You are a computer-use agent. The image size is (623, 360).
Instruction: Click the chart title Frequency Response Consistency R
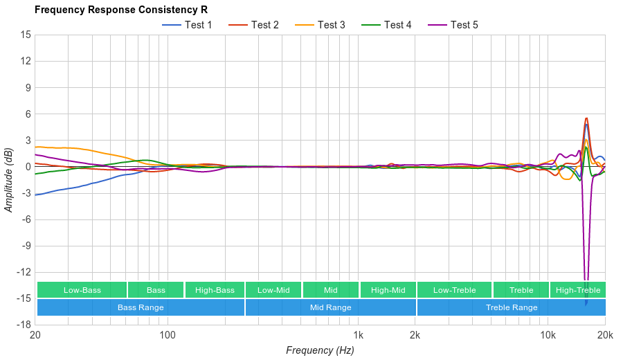pos(120,10)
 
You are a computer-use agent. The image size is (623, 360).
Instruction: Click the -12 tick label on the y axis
pos(23,272)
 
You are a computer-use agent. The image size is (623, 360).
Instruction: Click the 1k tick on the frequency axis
pos(358,335)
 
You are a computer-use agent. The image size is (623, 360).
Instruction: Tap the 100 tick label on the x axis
pos(168,335)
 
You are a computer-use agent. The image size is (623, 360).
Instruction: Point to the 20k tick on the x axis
pos(604,335)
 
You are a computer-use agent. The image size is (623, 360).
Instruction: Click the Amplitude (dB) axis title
pos(8,180)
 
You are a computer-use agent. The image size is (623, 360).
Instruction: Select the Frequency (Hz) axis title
pos(320,350)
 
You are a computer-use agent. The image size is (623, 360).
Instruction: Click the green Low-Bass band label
pos(82,290)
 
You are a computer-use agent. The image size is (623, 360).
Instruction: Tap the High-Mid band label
pos(388,290)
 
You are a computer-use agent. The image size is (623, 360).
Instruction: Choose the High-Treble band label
pos(578,290)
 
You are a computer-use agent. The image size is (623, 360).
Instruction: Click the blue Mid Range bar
pos(330,307)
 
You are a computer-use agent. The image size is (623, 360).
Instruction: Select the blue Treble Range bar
pos(512,307)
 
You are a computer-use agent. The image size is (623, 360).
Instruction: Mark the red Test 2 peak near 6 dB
pos(586,118)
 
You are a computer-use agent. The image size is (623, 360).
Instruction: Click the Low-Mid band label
pos(273,290)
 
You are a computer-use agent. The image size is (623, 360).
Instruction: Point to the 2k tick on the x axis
pos(415,335)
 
